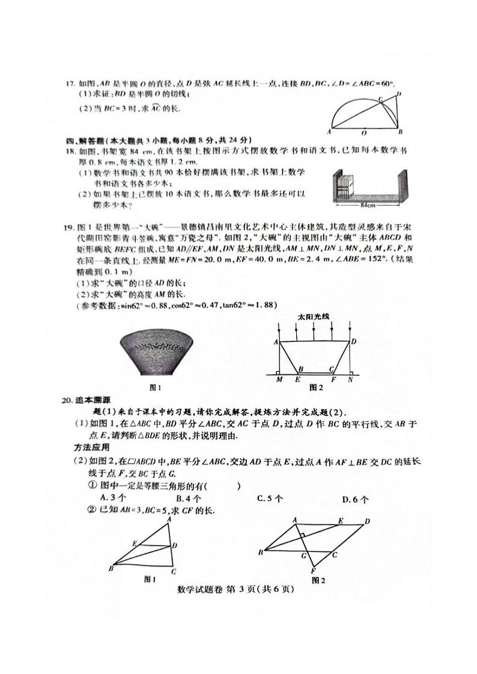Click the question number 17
click(x=70, y=83)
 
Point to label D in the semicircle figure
click(x=399, y=94)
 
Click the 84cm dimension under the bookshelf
click(x=367, y=205)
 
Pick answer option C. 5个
click(x=270, y=498)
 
